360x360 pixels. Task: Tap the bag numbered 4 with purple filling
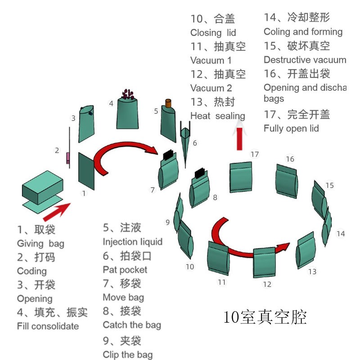click(128, 112)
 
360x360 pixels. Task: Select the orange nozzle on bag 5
click(169, 103)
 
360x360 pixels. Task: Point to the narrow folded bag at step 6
click(185, 139)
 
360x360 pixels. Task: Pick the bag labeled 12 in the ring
click(265, 262)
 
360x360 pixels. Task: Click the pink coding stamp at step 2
click(68, 158)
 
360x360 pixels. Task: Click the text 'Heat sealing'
click(217, 116)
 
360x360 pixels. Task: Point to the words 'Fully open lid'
click(291, 129)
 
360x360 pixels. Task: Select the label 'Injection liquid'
click(132, 242)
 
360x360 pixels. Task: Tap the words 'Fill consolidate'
click(48, 326)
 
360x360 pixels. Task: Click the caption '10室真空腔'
click(265, 318)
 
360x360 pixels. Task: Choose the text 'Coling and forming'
click(303, 31)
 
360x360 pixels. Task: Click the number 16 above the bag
click(290, 159)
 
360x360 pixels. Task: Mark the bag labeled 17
click(241, 178)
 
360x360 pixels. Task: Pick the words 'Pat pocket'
click(125, 270)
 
